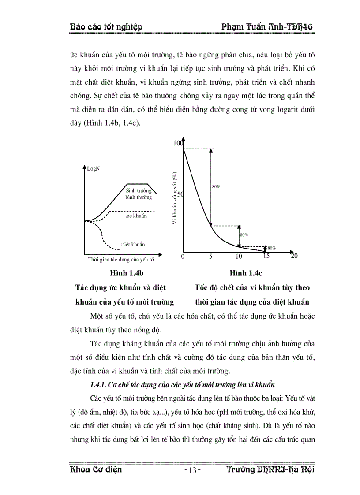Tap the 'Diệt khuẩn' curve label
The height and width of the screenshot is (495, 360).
coord(133,244)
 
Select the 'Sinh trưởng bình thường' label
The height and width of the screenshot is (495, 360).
coord(139,194)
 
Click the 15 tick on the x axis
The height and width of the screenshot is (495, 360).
coord(266,256)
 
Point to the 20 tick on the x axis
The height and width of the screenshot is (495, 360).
coord(294,256)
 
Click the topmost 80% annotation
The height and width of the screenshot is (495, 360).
coord(216,187)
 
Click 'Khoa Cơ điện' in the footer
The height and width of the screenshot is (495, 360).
coord(96,469)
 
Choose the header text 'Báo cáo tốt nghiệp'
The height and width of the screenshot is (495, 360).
coord(106,27)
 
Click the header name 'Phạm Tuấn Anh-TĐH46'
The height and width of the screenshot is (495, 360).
coord(267,27)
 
